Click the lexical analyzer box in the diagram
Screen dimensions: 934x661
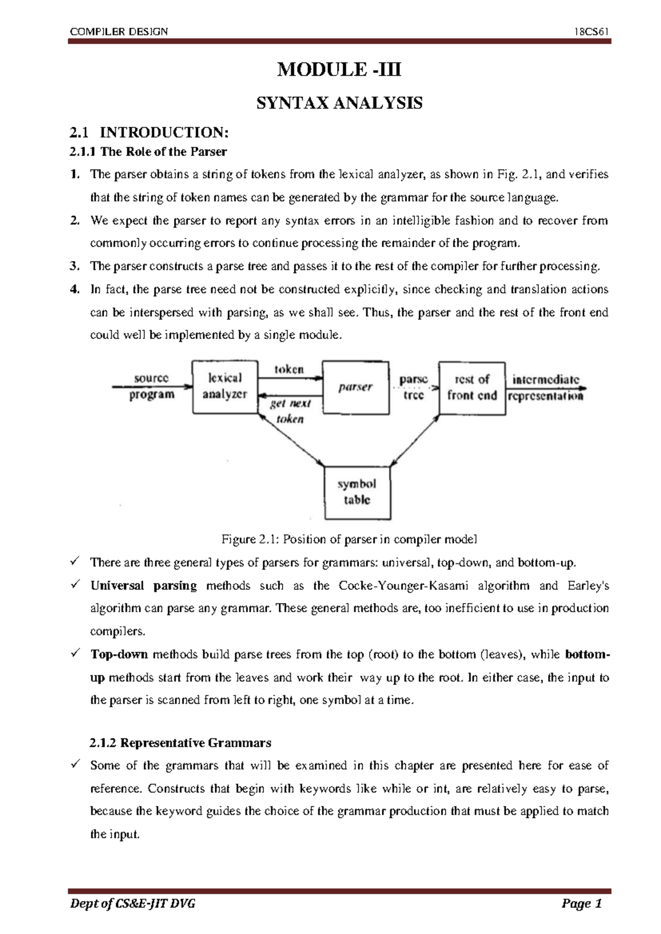click(x=225, y=387)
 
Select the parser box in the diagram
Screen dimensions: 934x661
click(x=355, y=387)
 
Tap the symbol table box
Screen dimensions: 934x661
click(x=357, y=492)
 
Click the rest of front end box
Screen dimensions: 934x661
click(x=472, y=388)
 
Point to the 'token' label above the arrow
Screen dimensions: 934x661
click(x=289, y=370)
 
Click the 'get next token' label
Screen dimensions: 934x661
click(x=290, y=411)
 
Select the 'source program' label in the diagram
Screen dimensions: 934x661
click(x=151, y=386)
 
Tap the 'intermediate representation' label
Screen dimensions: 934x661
click(x=545, y=388)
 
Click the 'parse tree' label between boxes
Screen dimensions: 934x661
click(x=413, y=387)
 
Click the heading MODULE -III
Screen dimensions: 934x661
click(x=339, y=70)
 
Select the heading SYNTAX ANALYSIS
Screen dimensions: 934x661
click(x=339, y=103)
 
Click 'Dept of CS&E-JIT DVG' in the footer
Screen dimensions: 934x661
click(x=132, y=904)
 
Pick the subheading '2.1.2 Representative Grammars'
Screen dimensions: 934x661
click(x=180, y=743)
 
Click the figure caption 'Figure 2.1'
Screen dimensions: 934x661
click(x=349, y=539)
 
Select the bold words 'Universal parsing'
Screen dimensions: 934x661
click(x=143, y=585)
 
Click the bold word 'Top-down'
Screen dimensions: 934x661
click(x=119, y=654)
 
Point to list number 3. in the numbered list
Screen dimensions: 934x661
click(x=75, y=267)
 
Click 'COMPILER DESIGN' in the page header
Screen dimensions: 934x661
click(x=119, y=31)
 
